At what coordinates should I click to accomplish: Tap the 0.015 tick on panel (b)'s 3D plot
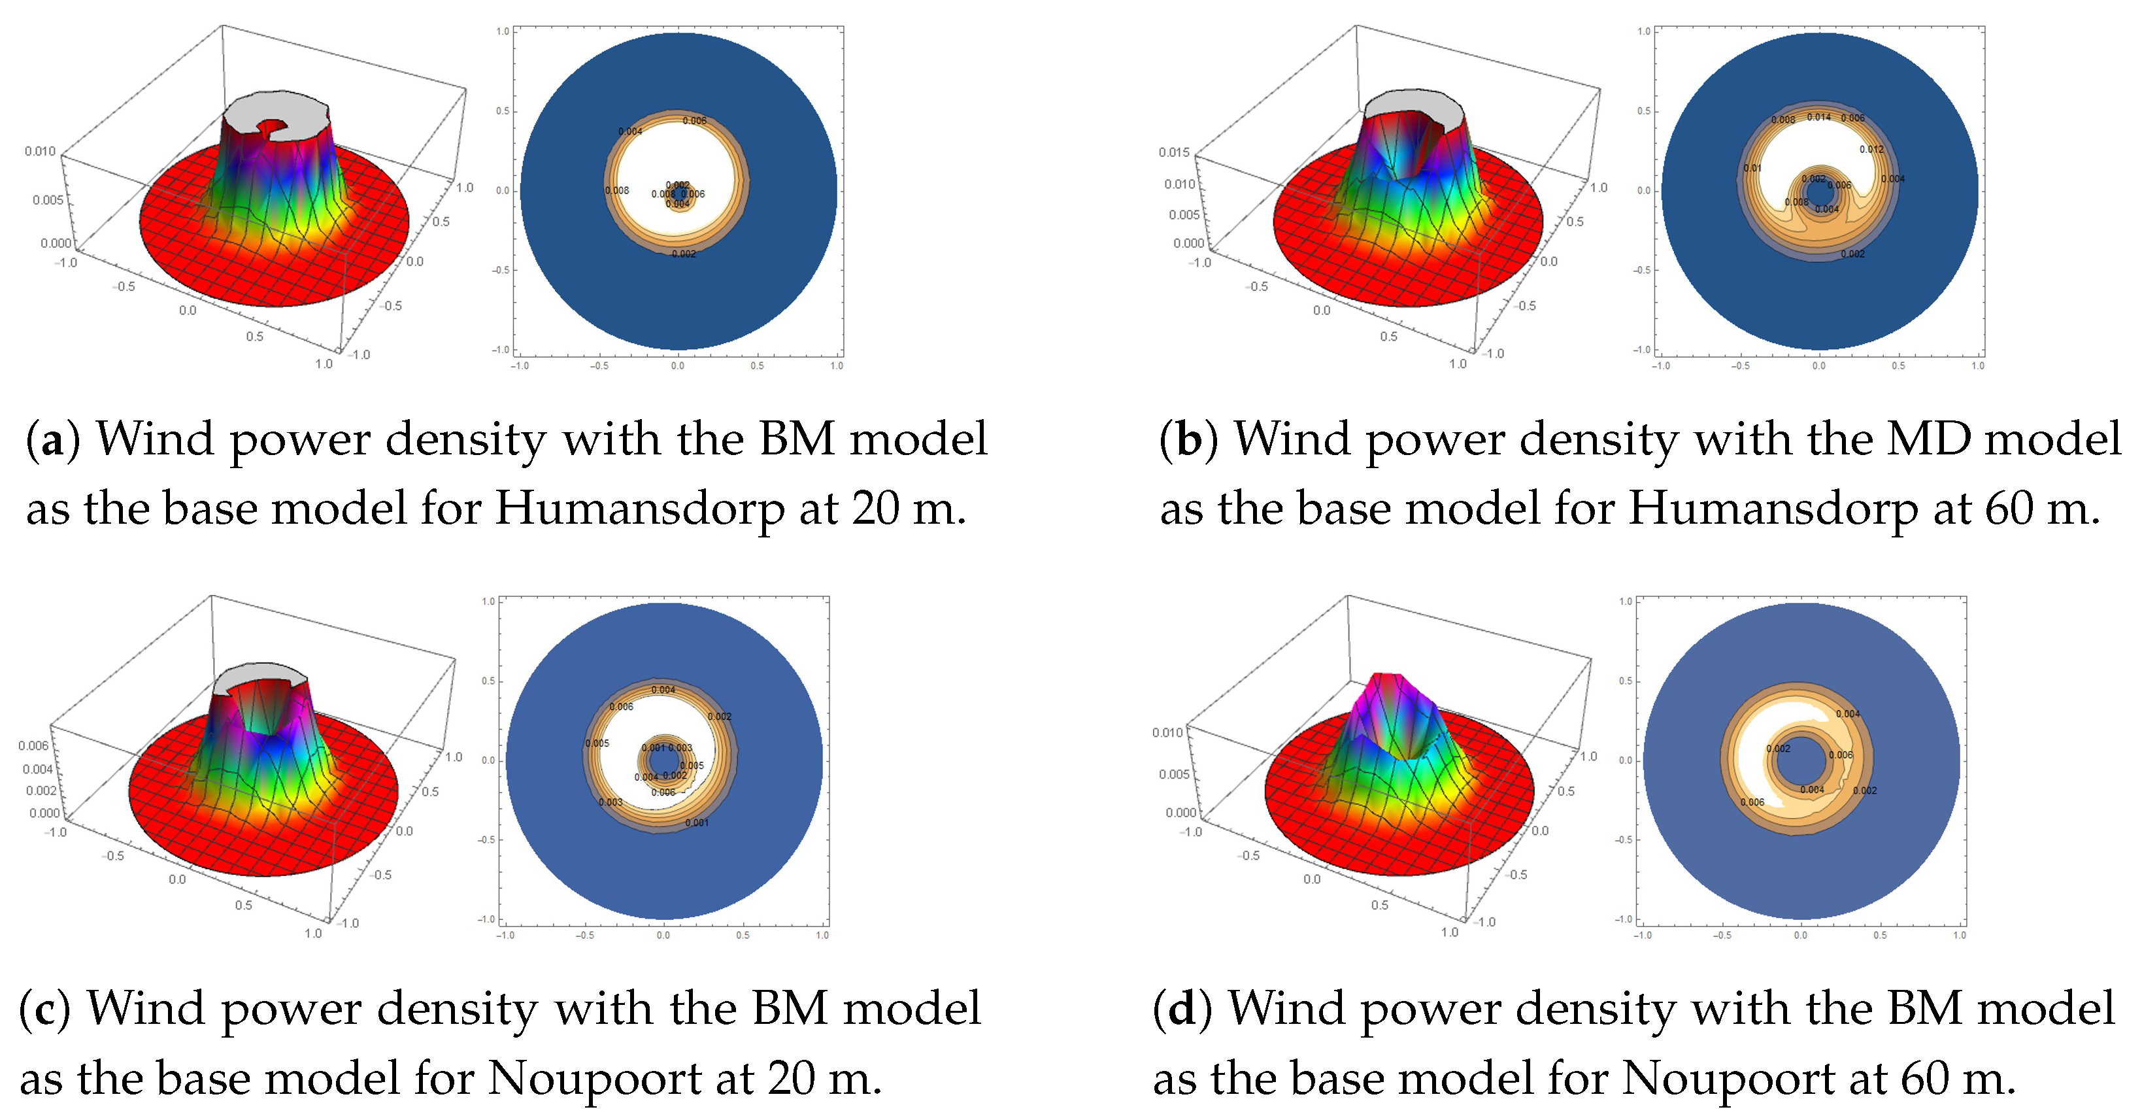coord(1173,152)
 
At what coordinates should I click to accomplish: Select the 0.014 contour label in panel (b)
coord(1818,117)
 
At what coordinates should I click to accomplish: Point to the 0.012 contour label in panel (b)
coord(1872,150)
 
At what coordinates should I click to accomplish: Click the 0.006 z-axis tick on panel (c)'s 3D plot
coord(33,746)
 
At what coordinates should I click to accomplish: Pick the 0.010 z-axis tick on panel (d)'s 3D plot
coord(1167,732)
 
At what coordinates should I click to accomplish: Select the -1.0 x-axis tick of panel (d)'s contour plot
coord(1642,936)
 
